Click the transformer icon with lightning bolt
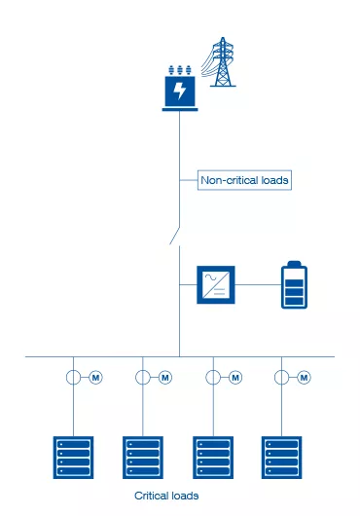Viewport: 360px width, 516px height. pos(179,90)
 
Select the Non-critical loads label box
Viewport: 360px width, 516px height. pos(244,180)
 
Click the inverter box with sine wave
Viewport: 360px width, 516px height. pos(213,284)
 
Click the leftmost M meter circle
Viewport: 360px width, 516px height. pos(95,378)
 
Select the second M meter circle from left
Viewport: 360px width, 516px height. pos(164,378)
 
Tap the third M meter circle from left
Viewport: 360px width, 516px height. pos(234,378)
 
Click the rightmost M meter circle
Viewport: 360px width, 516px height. pos(304,378)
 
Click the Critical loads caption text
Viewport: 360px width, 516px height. pos(166,496)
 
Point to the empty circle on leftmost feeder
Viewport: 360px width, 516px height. pos(74,378)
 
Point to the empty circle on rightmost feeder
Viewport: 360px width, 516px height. pos(283,378)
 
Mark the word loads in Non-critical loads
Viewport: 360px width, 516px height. pos(270,180)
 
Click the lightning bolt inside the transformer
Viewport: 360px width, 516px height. pos(179,92)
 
